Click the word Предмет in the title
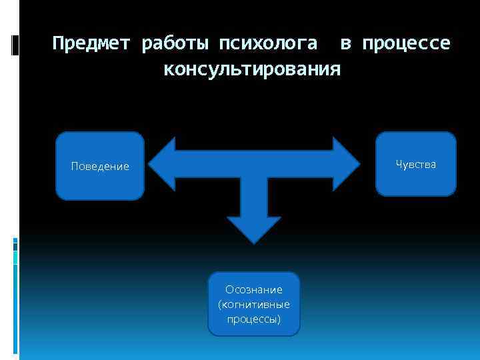point(93,44)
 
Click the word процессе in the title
point(406,44)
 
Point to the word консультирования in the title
point(252,69)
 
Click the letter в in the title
point(345,44)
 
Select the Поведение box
point(100,166)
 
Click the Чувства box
point(416,164)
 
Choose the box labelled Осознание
point(254,303)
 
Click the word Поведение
point(100,167)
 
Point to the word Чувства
point(416,164)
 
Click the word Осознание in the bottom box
point(254,290)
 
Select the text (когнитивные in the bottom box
point(254,305)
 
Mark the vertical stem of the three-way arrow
point(254,197)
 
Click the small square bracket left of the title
point(15,45)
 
